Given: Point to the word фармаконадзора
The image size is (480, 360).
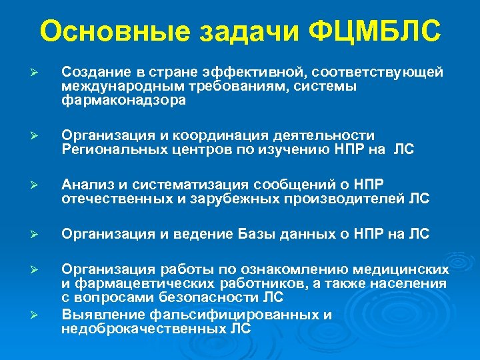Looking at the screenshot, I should (x=124, y=101).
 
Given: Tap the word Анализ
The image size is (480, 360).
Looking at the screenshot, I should (x=84, y=184).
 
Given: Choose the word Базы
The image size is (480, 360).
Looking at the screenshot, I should (x=256, y=233).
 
